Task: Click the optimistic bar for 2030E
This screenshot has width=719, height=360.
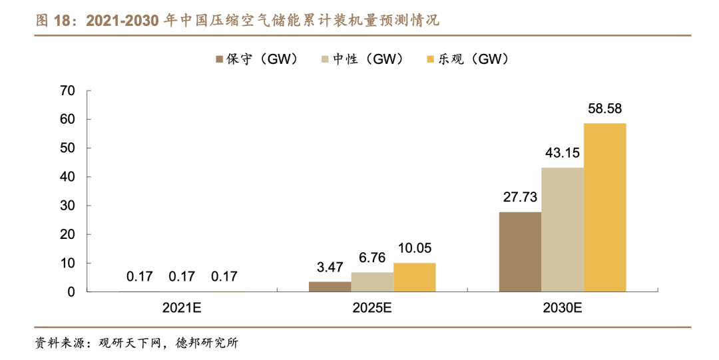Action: tap(604, 208)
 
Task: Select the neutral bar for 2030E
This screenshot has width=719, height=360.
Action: tap(563, 230)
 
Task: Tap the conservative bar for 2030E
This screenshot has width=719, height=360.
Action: tap(520, 252)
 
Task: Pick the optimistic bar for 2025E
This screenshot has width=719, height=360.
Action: tap(414, 277)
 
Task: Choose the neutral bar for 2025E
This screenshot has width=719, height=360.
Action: tap(372, 282)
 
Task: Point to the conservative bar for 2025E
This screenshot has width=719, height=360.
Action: tap(330, 287)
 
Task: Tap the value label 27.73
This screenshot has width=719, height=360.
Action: tap(520, 198)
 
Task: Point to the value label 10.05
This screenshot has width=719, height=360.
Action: tap(414, 249)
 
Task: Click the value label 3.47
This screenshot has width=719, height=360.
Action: tap(330, 268)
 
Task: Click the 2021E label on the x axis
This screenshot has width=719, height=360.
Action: tap(182, 309)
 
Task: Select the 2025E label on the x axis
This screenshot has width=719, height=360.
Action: tap(372, 309)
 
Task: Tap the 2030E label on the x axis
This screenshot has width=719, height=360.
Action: tap(563, 309)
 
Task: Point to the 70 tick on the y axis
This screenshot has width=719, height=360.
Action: tap(67, 90)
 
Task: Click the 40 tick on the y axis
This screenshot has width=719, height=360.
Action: tap(67, 177)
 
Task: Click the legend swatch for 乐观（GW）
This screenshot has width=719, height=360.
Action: tap(429, 60)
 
